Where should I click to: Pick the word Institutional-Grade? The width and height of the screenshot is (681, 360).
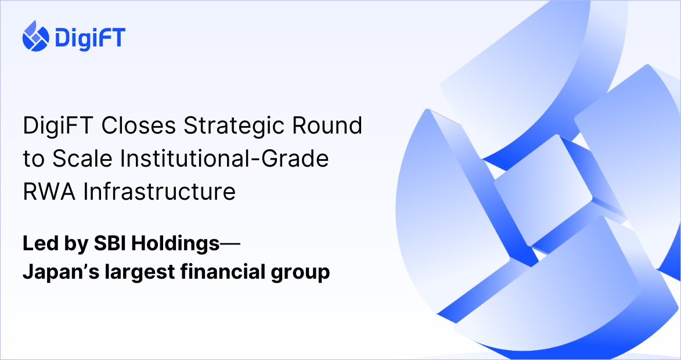point(222,159)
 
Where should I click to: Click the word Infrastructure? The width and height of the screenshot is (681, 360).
point(160,191)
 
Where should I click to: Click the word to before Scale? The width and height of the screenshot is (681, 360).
point(33,159)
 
